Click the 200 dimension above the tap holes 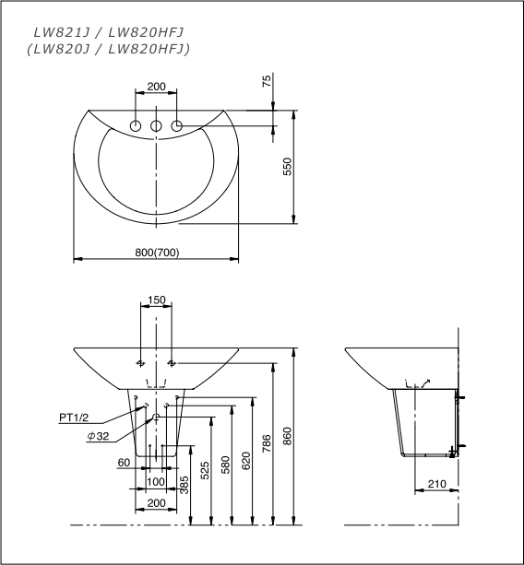[156, 86]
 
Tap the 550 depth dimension [286, 167]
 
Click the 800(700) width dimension [155, 252]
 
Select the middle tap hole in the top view [156, 125]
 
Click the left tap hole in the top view [137, 125]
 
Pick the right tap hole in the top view [175, 125]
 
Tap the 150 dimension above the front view [156, 300]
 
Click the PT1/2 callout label [77, 418]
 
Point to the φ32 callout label [99, 436]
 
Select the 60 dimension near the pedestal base [123, 462]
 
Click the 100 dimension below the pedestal [156, 481]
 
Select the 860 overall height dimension [286, 438]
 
